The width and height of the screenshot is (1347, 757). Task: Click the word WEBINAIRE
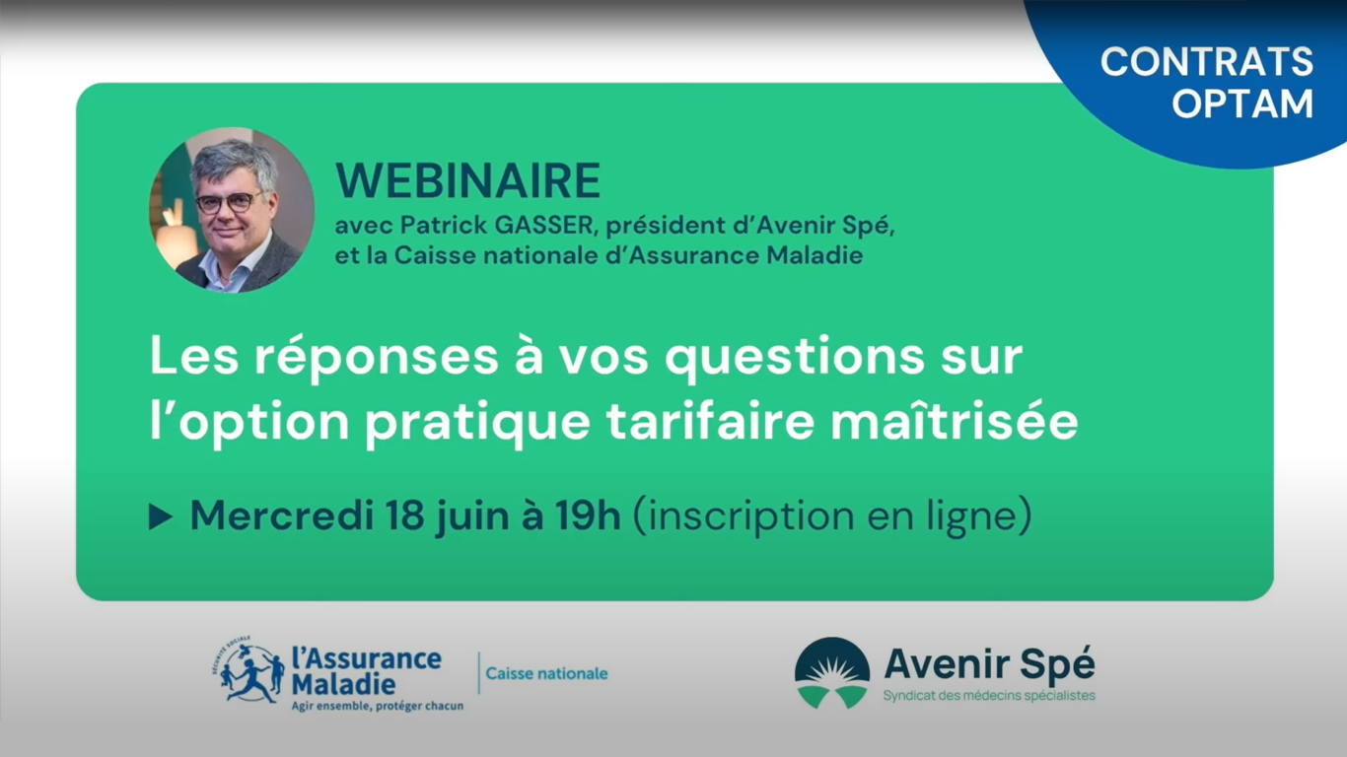click(x=467, y=179)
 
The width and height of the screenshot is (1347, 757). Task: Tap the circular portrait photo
click(x=232, y=210)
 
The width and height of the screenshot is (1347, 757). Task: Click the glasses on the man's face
click(x=229, y=203)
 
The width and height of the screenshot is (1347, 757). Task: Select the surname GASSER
click(x=544, y=226)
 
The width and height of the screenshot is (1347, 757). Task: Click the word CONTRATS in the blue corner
click(x=1207, y=61)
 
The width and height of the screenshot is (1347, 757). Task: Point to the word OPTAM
click(x=1242, y=103)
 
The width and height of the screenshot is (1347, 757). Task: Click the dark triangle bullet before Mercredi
click(x=161, y=517)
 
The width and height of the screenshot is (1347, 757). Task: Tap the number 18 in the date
click(x=404, y=516)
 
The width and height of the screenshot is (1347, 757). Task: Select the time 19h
click(x=588, y=516)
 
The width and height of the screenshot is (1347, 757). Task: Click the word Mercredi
click(x=281, y=516)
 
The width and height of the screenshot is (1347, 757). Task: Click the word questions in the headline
click(x=795, y=357)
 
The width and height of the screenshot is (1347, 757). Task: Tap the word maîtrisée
click(x=955, y=421)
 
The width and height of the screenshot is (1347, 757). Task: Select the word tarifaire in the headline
click(x=711, y=421)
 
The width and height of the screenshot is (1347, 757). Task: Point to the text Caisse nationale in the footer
click(x=546, y=673)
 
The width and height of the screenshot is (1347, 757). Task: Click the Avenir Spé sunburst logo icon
click(x=832, y=673)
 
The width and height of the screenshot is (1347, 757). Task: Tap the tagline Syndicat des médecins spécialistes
click(x=989, y=696)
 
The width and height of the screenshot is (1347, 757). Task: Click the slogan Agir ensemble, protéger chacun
click(x=378, y=706)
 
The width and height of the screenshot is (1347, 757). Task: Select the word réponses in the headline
click(x=377, y=358)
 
